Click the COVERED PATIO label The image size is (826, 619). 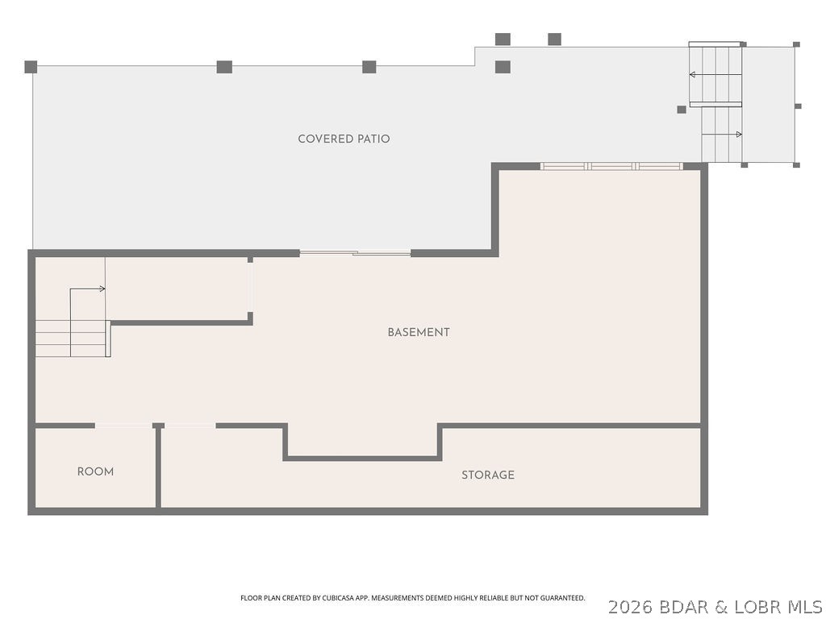[344, 139]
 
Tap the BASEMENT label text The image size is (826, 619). [419, 332]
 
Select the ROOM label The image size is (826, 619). [95, 472]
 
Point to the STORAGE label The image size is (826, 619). [488, 475]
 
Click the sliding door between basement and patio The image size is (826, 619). [355, 253]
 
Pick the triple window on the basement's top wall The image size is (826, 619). [611, 166]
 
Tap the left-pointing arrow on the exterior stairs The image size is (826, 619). [715, 75]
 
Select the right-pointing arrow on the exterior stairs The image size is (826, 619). [722, 135]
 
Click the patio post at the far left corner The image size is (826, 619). [31, 67]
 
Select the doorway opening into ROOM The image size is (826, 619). [123, 426]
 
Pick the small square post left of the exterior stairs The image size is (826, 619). [682, 110]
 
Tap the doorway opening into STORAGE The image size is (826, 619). [190, 426]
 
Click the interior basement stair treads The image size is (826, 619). [72, 339]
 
